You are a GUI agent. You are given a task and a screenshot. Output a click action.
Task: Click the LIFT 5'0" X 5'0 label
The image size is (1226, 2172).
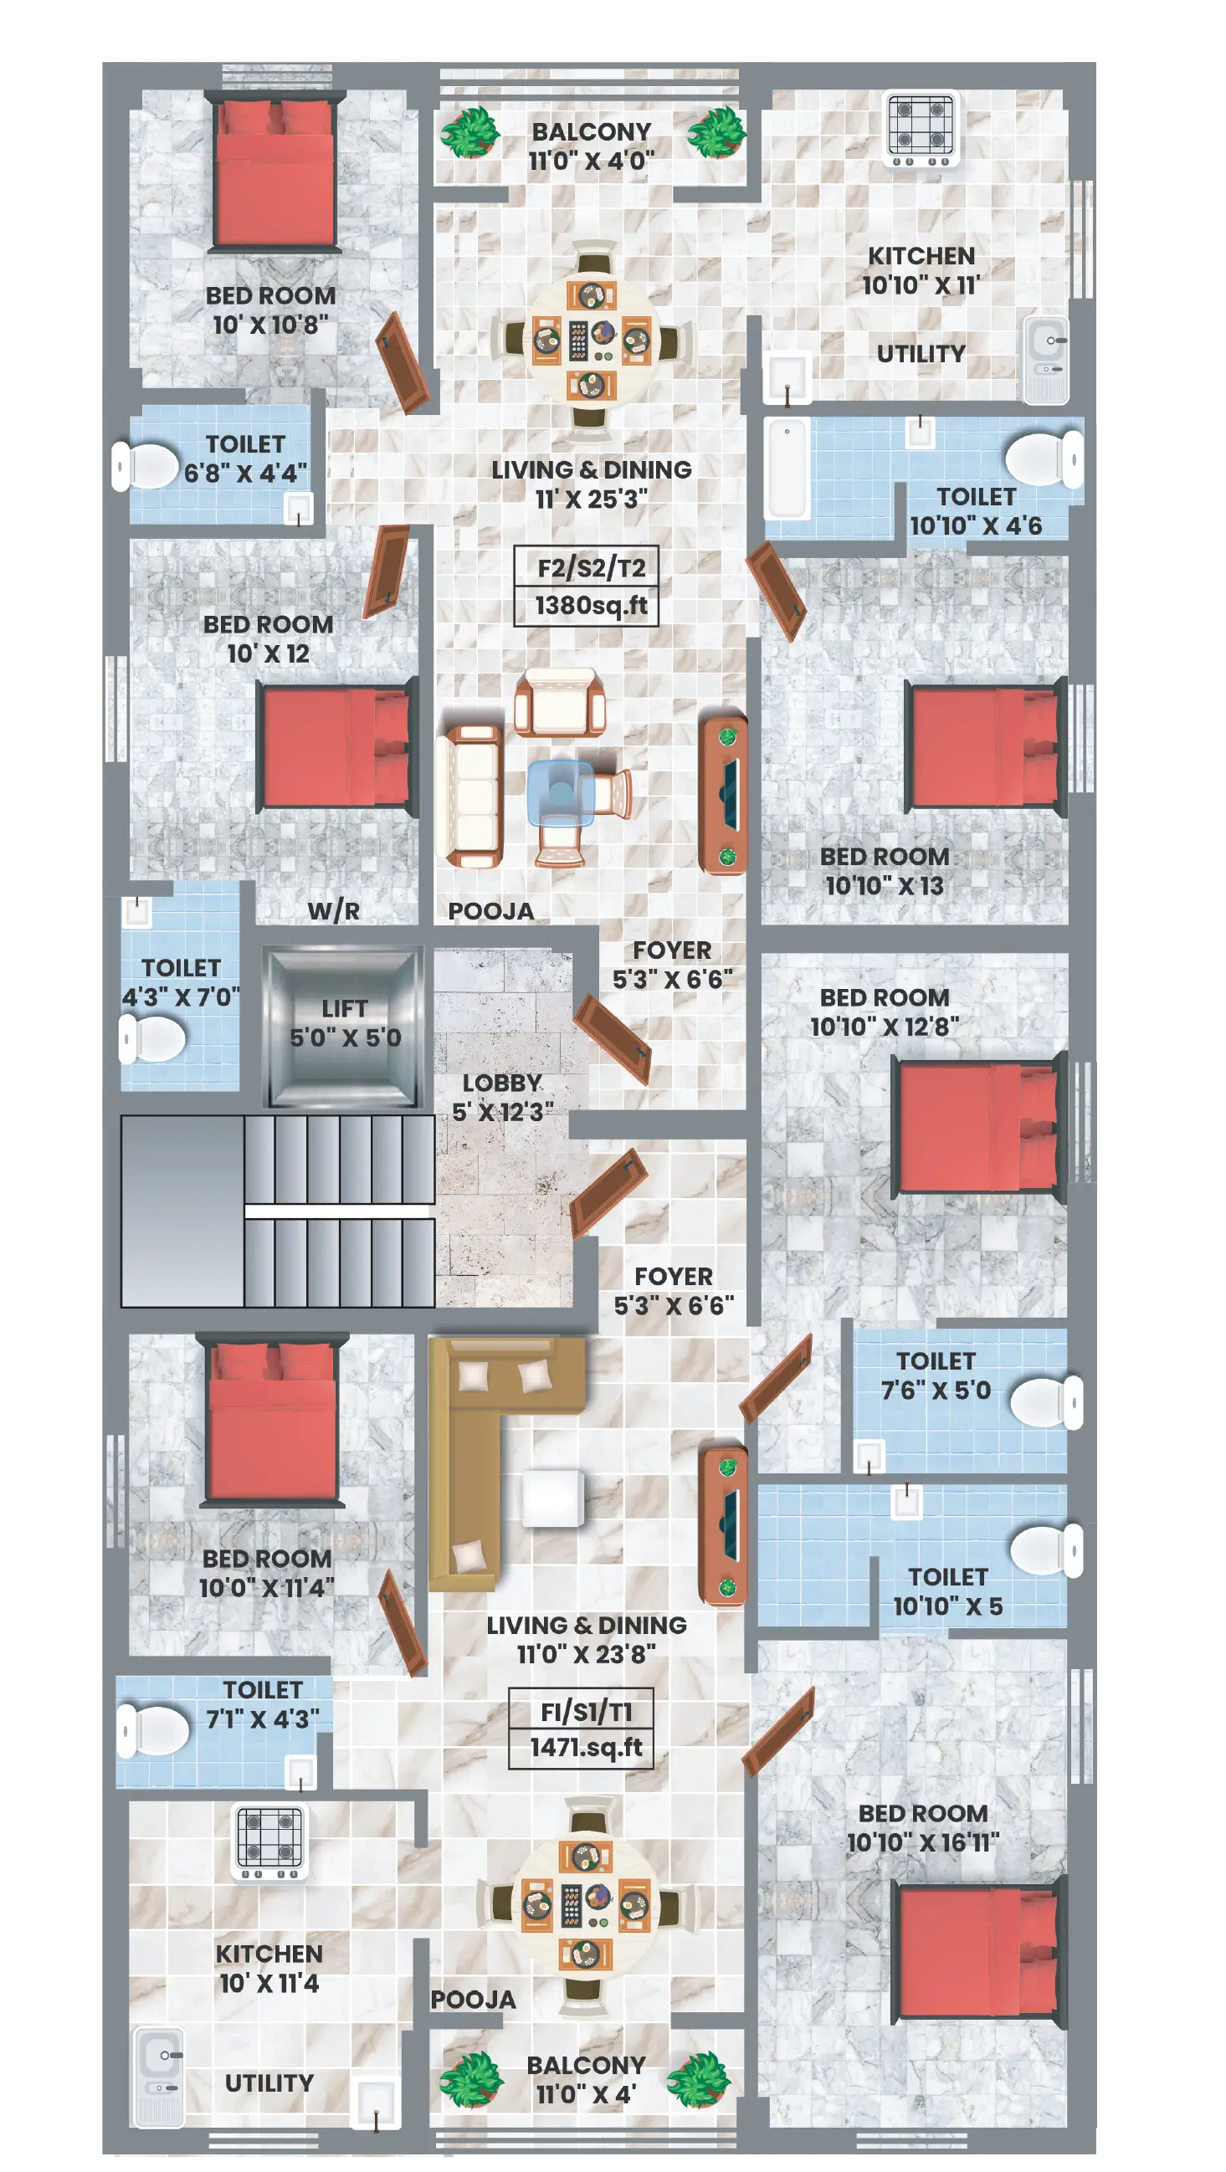[x=345, y=1022]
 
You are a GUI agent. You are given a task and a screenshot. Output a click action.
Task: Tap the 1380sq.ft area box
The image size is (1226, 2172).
[x=586, y=606]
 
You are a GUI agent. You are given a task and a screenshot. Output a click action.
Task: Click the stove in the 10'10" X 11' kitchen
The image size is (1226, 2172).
[x=921, y=128]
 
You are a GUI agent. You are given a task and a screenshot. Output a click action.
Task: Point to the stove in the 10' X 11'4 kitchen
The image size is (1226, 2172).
[x=269, y=1842]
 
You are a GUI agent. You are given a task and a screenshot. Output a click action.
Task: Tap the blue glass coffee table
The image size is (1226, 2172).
[x=561, y=792]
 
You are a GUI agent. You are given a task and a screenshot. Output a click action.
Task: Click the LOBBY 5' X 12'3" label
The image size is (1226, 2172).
[x=503, y=1097]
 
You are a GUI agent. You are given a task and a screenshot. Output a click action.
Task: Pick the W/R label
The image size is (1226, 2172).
[x=333, y=910]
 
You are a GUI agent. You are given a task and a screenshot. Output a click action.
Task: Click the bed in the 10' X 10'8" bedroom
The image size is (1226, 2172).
[x=274, y=172]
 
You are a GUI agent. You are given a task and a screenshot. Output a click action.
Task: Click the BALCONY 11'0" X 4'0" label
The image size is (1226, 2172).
[x=592, y=146]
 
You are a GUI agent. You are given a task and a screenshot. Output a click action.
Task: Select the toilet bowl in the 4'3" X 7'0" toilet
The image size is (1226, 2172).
[x=151, y=1038]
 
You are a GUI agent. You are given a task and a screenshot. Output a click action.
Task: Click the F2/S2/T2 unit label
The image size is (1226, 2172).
[x=591, y=567]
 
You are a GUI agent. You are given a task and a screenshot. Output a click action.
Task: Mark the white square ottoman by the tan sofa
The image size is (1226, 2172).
[x=552, y=1498]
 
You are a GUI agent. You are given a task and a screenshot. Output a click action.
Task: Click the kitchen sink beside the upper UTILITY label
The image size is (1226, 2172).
[x=1046, y=359]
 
